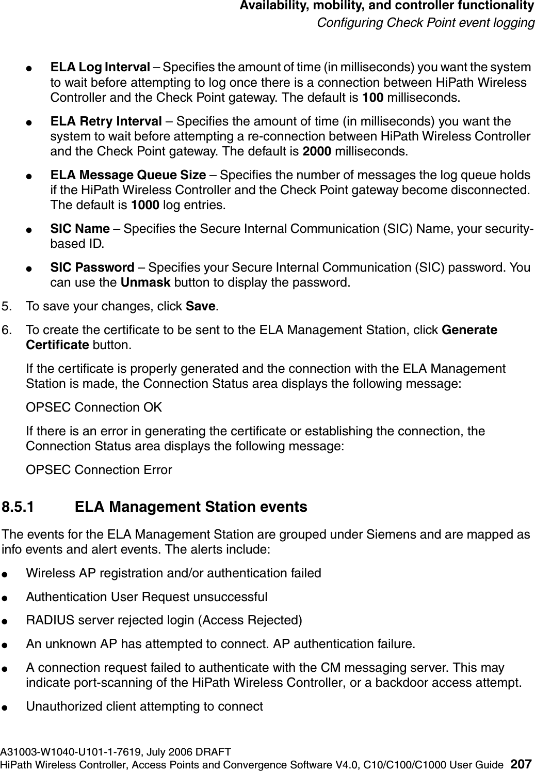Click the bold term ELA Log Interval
(x=100, y=68)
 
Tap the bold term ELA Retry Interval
(x=106, y=122)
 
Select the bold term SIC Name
(x=79, y=229)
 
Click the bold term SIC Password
(x=92, y=268)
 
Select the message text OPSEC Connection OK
(x=94, y=407)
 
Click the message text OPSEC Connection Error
(x=99, y=470)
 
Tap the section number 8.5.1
(x=19, y=507)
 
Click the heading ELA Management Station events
(x=191, y=507)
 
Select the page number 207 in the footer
(x=523, y=764)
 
